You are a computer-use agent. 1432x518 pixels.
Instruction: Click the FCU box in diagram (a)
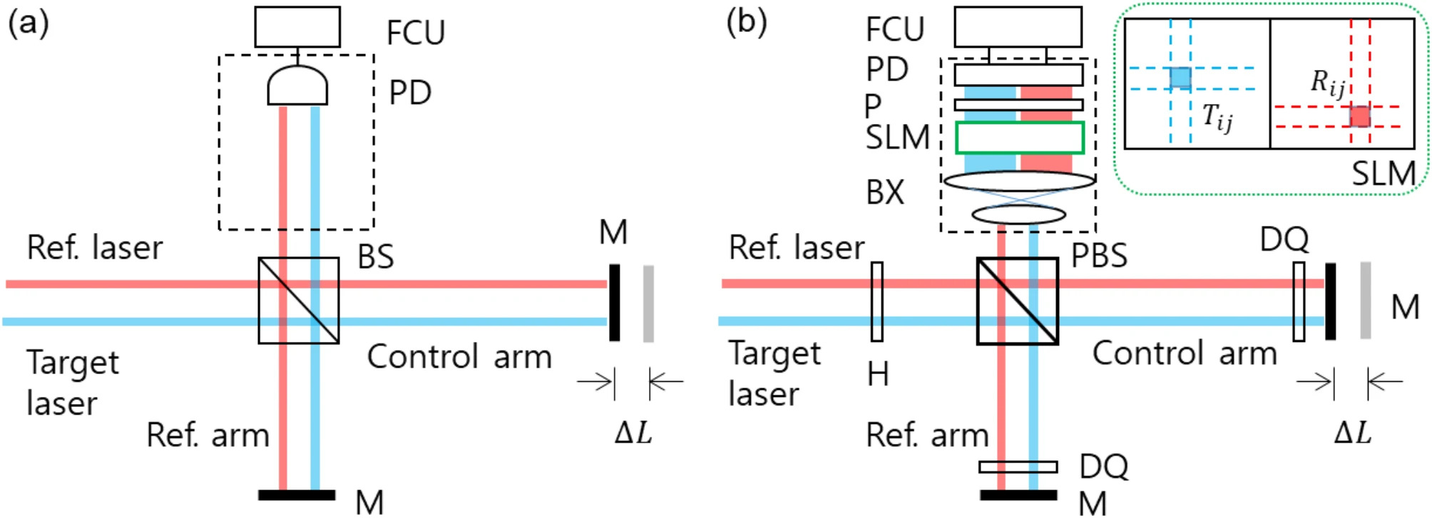pos(297,27)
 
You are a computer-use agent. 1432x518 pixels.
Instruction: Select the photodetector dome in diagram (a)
pos(297,86)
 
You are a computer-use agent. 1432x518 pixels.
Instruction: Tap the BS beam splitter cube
pos(298,300)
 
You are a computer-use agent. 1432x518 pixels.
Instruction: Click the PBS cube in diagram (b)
pos(1017,301)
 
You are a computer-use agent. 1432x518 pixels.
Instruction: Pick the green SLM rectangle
pos(1020,138)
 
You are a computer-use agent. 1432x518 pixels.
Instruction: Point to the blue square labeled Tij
pos(1180,78)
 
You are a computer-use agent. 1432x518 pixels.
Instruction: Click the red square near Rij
pos(1360,116)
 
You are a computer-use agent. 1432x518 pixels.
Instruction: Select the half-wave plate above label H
pos(877,301)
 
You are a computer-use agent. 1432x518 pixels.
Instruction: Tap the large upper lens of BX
pos(1020,181)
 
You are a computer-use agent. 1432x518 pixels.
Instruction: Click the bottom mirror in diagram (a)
pos(297,494)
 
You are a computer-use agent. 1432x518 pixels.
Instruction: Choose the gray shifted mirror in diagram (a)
pos(648,304)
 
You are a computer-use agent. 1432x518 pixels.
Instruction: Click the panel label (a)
pos(29,23)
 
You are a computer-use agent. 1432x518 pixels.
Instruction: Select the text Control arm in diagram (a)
pos(459,356)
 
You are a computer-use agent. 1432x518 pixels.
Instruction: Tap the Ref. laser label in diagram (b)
pos(796,247)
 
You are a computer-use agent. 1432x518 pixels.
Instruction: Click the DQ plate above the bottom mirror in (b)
pos(1018,467)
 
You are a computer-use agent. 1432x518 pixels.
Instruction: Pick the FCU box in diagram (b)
pos(1018,27)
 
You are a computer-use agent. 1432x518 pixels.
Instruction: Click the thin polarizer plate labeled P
pos(1018,105)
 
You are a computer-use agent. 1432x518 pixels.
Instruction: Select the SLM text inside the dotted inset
pos(1384,173)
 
